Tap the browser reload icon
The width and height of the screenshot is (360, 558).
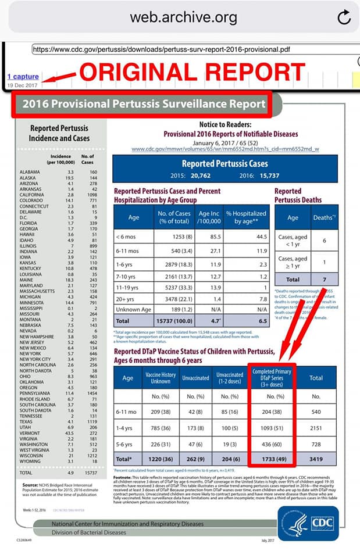point(344,17)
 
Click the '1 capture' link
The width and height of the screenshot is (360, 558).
point(23,76)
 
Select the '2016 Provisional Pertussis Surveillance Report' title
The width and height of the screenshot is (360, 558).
point(144,105)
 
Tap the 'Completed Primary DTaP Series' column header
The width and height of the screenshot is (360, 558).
point(272,378)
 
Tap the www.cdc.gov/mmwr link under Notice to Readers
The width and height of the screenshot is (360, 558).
point(225,149)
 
